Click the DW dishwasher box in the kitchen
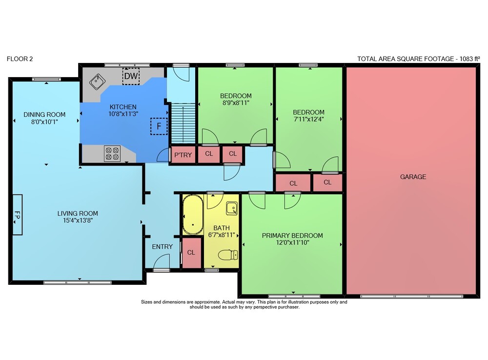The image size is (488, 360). pyautogui.click(x=131, y=76)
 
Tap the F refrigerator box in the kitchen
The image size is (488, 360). pyautogui.click(x=159, y=126)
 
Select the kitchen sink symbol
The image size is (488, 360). pyautogui.click(x=98, y=82)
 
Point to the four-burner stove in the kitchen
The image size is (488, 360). pyautogui.click(x=112, y=154)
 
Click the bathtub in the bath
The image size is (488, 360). pyautogui.click(x=193, y=215)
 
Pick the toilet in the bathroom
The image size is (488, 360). pyautogui.click(x=228, y=255)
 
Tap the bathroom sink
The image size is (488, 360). pyautogui.click(x=232, y=209)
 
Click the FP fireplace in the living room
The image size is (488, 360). pyautogui.click(x=18, y=214)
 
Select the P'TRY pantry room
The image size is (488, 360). pyautogui.click(x=183, y=155)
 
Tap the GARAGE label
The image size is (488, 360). pyautogui.click(x=413, y=176)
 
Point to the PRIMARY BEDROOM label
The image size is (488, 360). pyautogui.click(x=292, y=235)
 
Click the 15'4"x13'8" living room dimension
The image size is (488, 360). pyautogui.click(x=78, y=220)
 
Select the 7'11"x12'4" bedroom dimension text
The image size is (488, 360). pyautogui.click(x=309, y=119)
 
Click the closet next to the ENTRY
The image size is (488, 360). pyautogui.click(x=191, y=253)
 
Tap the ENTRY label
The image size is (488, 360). pyautogui.click(x=162, y=247)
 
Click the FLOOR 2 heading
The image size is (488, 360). pyautogui.click(x=20, y=59)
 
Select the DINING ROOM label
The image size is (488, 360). pyautogui.click(x=44, y=114)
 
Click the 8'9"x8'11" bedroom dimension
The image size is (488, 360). pyautogui.click(x=236, y=103)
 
